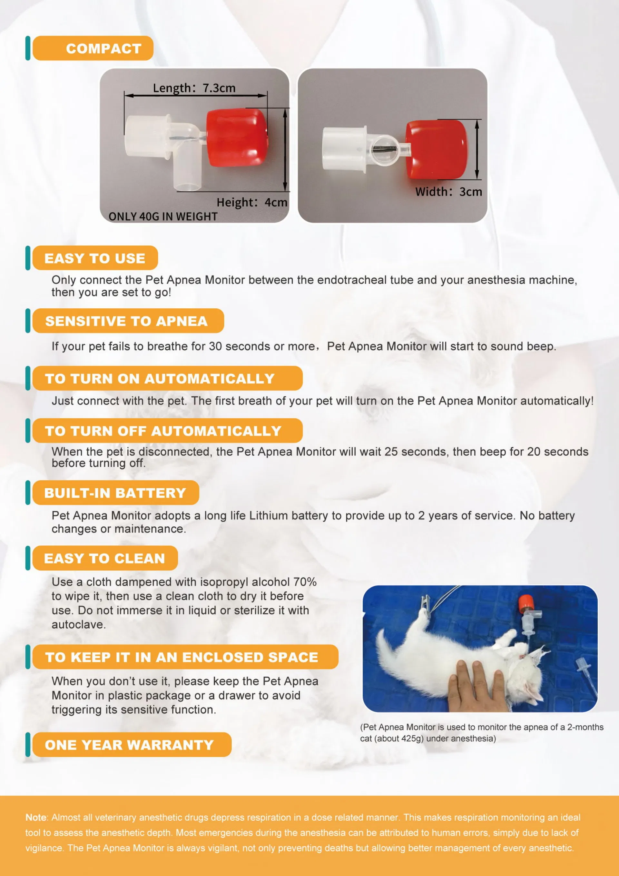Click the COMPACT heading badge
tap(93, 48)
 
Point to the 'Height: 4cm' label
tap(252, 202)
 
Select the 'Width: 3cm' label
tap(448, 192)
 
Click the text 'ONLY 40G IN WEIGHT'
tap(163, 216)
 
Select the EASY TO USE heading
tap(95, 258)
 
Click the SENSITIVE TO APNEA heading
tap(127, 321)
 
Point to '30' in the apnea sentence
tap(215, 346)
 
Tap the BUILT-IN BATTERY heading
tap(115, 493)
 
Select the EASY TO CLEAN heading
tap(104, 558)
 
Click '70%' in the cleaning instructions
tap(305, 582)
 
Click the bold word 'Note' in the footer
tap(36, 817)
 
